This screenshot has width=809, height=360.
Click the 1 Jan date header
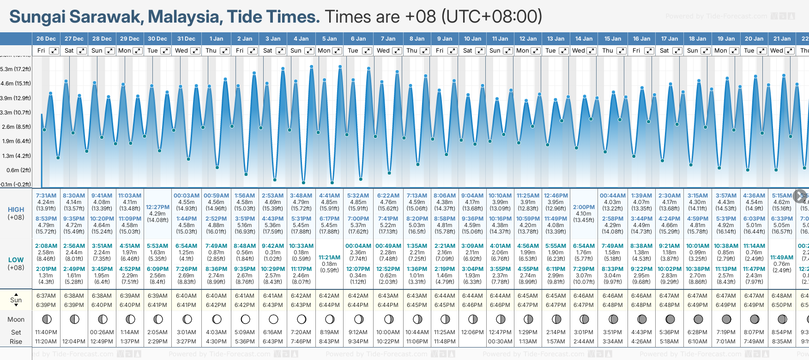[x=216, y=39]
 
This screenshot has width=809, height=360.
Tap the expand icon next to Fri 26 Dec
[x=54, y=51]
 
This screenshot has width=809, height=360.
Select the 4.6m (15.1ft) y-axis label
[x=16, y=84]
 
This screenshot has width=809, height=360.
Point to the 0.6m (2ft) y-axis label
[x=16, y=170]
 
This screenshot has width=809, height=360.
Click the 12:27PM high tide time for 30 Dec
[x=157, y=207]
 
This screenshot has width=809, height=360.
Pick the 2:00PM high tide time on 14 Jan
[x=584, y=207]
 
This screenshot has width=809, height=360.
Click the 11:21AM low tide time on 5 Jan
[x=329, y=258]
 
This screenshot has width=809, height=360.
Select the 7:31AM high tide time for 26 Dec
[x=46, y=196]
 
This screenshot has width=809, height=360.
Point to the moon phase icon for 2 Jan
[x=245, y=319]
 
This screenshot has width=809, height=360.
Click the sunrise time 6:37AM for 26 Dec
[x=46, y=296]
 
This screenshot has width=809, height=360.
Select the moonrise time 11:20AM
[x=46, y=342]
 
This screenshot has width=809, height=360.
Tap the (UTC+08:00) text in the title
[x=491, y=17]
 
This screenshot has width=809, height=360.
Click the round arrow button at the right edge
[x=800, y=196]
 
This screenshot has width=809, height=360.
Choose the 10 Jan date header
[x=472, y=39]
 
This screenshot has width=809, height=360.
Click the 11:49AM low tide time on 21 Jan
[x=782, y=258]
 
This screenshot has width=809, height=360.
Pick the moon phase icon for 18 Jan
[x=698, y=319]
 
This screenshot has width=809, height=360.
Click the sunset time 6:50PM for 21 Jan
[x=782, y=305]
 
